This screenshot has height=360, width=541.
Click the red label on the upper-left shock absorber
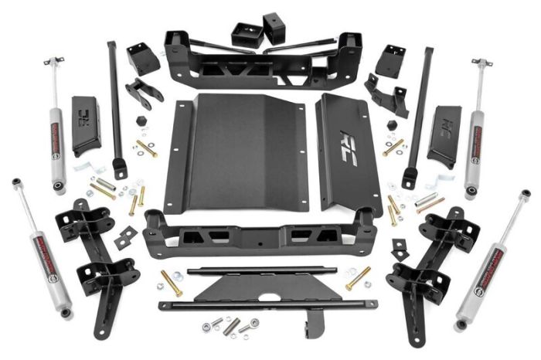tap(56, 124)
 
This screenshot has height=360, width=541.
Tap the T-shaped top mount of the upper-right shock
tap(481, 62)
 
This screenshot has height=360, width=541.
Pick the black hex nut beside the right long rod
tap(391, 124)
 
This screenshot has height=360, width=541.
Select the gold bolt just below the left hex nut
tap(146, 147)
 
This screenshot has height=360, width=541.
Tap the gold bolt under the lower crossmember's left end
tap(171, 281)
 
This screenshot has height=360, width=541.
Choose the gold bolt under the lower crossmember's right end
tap(358, 278)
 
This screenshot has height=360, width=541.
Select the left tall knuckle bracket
tap(97, 263)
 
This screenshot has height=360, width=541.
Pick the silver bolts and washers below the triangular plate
tap(232, 324)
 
